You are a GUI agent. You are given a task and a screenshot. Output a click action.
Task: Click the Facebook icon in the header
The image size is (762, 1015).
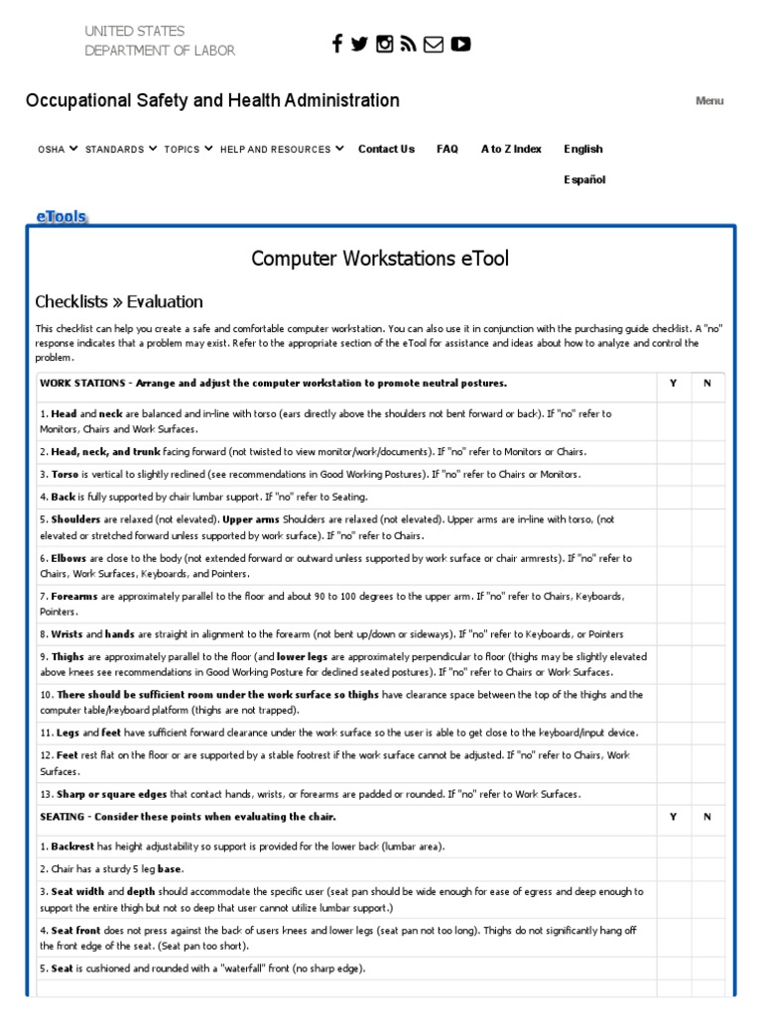tap(337, 43)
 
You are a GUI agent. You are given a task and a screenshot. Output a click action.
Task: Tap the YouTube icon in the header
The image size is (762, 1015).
tap(460, 44)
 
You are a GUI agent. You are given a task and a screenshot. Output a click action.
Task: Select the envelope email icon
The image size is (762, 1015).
tap(434, 44)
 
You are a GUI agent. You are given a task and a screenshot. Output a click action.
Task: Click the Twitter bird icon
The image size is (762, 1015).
tap(359, 44)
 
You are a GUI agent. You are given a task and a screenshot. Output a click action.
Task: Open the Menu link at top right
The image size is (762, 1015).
tap(709, 101)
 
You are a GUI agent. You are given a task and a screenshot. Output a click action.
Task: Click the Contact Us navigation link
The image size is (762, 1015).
tap(386, 149)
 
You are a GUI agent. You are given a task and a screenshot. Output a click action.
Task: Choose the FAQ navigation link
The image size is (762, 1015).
tap(447, 149)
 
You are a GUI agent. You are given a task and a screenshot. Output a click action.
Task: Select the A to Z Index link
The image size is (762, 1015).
tap(511, 149)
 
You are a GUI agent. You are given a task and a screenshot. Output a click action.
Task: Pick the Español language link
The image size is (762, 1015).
tap(584, 180)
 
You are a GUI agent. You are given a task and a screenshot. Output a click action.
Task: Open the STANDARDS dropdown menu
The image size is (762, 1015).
tap(120, 150)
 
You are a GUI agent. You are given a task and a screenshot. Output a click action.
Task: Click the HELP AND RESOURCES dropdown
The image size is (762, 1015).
tap(282, 150)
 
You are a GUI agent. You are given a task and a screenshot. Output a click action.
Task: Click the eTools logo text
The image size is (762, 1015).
tap(62, 215)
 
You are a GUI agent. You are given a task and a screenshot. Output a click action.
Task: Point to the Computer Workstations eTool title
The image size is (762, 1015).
tap(380, 259)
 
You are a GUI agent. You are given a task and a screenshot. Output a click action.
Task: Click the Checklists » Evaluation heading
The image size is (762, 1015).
tap(119, 302)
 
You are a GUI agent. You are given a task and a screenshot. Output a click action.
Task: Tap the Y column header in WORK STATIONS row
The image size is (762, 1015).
tap(673, 384)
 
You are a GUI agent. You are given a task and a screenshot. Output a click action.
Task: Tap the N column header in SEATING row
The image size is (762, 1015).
tap(707, 817)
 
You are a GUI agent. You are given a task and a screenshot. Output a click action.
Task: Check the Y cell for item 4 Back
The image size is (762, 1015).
tap(673, 497)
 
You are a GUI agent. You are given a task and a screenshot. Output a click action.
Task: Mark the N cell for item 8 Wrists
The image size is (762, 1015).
tap(707, 633)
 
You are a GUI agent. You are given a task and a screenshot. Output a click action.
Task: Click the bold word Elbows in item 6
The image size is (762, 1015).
tap(68, 559)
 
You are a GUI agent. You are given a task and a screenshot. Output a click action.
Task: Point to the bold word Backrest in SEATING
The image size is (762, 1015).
tap(74, 846)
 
